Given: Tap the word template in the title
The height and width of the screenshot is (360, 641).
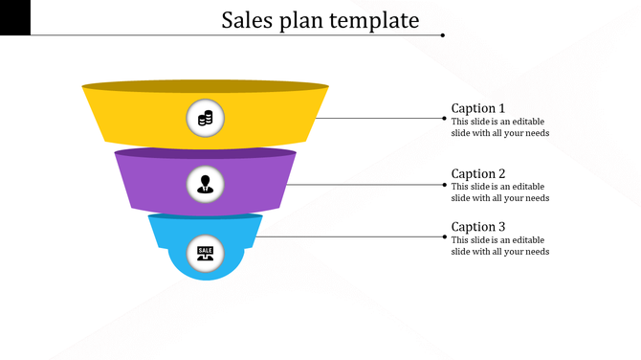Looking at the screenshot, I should click(x=376, y=20).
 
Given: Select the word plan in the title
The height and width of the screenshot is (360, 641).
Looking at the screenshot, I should click(x=302, y=21).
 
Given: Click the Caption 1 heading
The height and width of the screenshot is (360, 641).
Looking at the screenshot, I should click(x=478, y=108).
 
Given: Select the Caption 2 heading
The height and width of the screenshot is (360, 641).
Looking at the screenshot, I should click(x=478, y=173).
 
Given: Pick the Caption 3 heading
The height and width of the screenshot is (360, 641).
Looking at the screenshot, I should click(x=478, y=227).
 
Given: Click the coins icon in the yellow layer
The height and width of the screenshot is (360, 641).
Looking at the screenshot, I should click(x=205, y=119).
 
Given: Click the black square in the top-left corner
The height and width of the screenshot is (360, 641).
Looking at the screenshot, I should click(x=15, y=17).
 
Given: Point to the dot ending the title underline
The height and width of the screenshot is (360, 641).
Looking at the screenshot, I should click(x=443, y=35).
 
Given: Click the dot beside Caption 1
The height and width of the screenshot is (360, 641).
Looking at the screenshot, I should click(x=443, y=119).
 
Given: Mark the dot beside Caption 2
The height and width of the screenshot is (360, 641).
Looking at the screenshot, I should click(x=443, y=184).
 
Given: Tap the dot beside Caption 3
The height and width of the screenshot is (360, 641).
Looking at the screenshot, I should click(x=443, y=236).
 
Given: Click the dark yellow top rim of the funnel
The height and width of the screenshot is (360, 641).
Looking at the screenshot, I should click(x=205, y=86).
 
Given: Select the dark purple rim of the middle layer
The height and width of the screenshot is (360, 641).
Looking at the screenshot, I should click(x=205, y=152).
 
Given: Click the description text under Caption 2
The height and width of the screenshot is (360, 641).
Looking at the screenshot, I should click(x=500, y=192).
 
